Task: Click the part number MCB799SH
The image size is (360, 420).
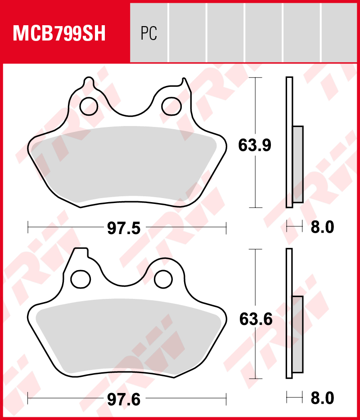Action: point(59,33)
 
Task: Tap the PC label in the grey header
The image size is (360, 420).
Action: point(148,33)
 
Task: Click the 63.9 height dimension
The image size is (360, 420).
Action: point(255,145)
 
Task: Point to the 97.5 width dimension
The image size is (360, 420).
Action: point(124,228)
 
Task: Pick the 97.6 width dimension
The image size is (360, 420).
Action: point(124,399)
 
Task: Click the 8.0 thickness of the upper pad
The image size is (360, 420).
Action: point(322,227)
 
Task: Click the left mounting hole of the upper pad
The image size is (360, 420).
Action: point(88,105)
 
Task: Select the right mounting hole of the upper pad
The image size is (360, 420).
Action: point(171,105)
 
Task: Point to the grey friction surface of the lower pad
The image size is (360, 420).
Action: point(126,335)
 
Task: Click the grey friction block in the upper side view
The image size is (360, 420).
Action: point(297,164)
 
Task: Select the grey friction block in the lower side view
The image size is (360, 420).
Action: point(297,334)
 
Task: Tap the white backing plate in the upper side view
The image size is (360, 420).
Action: point(289,99)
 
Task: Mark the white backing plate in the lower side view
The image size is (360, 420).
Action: point(289,270)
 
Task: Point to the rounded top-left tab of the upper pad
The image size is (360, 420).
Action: point(89,84)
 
